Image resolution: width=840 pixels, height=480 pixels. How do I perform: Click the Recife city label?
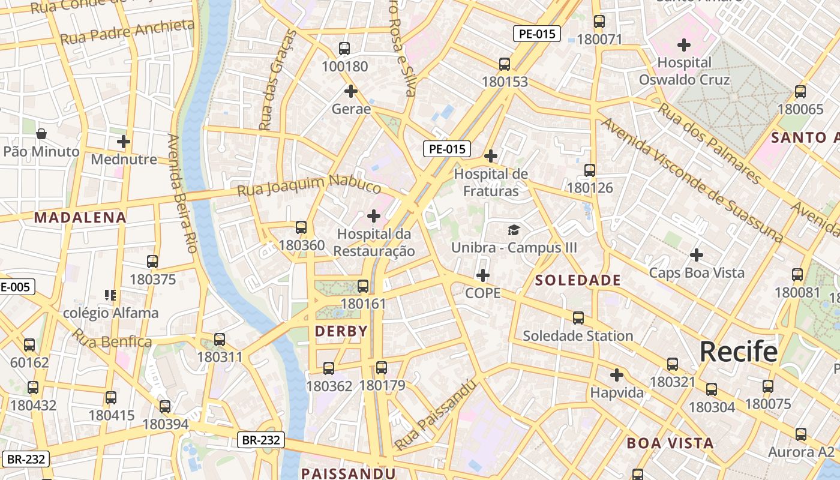tap(738, 352)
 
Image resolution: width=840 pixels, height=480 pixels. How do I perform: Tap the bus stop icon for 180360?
tap(301, 228)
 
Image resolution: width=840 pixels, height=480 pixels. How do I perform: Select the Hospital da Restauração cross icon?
tap(374, 216)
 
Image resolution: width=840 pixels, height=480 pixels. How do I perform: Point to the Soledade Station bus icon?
tap(578, 318)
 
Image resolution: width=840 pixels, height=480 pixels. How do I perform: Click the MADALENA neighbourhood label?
tap(80, 218)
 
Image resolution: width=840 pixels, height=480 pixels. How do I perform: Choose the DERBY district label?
tap(341, 331)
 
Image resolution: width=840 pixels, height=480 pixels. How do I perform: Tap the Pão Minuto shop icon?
tap(41, 134)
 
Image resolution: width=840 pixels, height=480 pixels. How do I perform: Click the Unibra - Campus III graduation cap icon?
tap(514, 230)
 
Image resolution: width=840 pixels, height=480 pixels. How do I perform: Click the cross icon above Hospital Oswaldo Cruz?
tap(684, 45)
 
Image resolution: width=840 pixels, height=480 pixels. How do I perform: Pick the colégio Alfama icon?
tap(110, 295)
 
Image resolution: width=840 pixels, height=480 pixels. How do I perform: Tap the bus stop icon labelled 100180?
tap(344, 49)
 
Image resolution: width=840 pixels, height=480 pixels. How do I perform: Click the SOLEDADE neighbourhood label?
tap(578, 280)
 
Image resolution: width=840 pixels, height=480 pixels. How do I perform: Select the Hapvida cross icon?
tap(617, 376)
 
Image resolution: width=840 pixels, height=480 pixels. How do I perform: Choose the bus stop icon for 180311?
tap(220, 340)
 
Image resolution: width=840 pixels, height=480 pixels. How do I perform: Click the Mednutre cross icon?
tap(124, 142)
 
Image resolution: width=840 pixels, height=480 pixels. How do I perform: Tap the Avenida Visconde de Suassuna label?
tap(692, 180)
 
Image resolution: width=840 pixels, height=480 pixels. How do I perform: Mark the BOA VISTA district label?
tap(670, 443)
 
